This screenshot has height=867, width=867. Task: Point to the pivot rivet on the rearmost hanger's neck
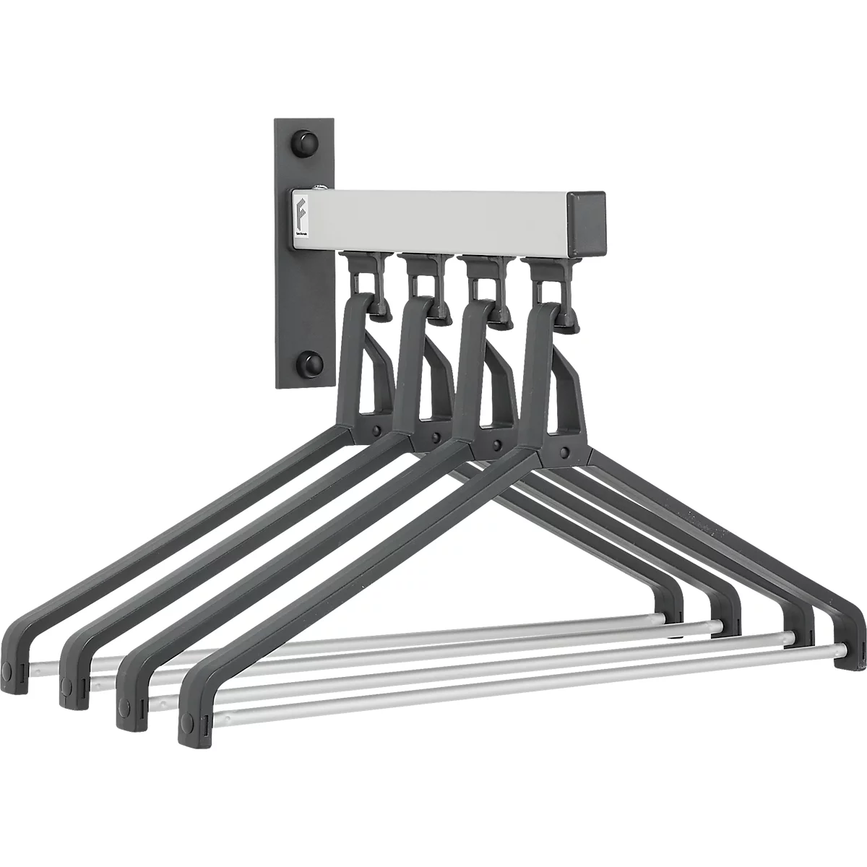tap(376, 431)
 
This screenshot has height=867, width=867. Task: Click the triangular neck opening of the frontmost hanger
tap(560, 405)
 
